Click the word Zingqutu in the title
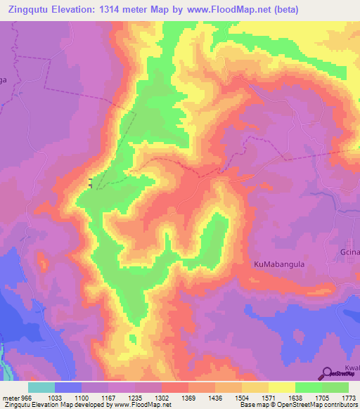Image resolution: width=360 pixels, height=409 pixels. pos(33,10)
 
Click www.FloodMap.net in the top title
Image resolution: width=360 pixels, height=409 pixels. pos(230,10)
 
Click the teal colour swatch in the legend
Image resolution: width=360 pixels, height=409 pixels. pos(41,387)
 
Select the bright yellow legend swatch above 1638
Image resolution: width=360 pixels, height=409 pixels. pos(281,387)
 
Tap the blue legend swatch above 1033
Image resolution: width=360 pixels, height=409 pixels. pos(67,387)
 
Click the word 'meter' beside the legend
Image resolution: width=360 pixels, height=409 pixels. pos(10,397)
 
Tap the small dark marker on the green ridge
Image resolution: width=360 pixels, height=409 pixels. pos(89,184)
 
